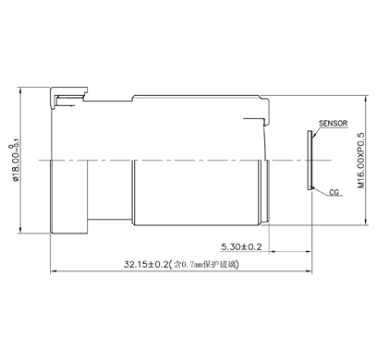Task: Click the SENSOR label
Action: [333, 124]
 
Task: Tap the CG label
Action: [334, 192]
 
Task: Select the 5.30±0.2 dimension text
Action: [241, 246]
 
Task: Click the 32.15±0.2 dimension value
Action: [146, 264]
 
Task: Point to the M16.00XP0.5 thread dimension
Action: [360, 161]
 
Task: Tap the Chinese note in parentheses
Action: [204, 264]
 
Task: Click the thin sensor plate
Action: [310, 161]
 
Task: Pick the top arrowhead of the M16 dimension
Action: [366, 99]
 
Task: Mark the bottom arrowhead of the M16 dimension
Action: [366, 222]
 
